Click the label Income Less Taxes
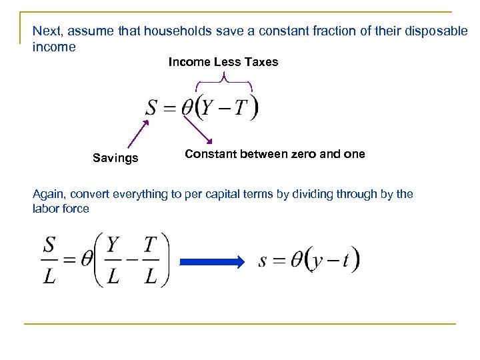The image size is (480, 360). click(223, 62)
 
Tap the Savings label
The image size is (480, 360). click(115, 158)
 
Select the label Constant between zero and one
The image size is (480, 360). click(275, 154)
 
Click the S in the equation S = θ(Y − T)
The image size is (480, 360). click(152, 107)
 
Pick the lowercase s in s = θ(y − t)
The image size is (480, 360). click(263, 261)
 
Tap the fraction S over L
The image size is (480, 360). click(49, 261)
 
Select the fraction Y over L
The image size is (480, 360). click(113, 261)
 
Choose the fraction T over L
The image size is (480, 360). click(151, 261)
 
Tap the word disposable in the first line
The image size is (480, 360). click(438, 31)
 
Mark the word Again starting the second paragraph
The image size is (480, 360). click(49, 194)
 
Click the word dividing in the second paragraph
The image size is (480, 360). click(319, 194)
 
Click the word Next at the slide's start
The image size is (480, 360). click(45, 31)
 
